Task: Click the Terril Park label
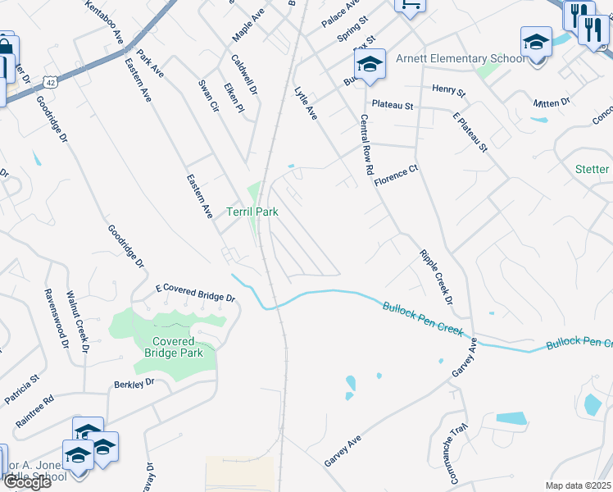click(x=252, y=212)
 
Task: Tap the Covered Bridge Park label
click(x=173, y=347)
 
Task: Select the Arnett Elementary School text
click(x=461, y=58)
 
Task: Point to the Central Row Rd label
click(x=366, y=143)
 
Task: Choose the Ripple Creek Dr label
click(x=436, y=278)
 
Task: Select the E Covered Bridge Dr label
click(x=195, y=293)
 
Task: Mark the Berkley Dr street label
click(x=134, y=384)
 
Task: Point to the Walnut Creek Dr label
click(x=77, y=321)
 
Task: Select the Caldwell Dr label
click(x=244, y=75)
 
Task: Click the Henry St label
click(x=447, y=89)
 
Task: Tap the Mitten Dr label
click(x=551, y=103)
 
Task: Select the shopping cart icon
click(x=411, y=5)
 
